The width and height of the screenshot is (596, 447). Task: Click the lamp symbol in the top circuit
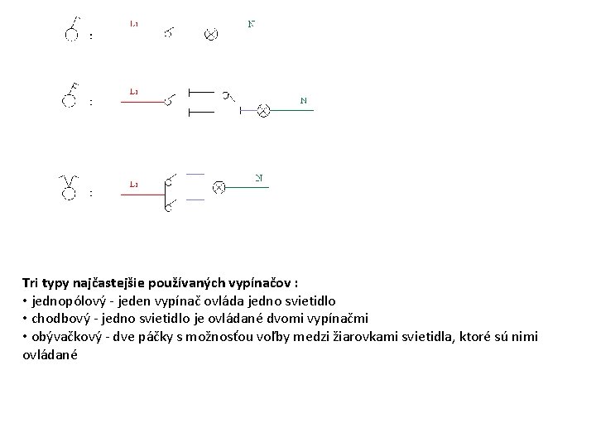[211, 34]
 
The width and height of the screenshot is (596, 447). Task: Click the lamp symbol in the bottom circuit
[219, 188]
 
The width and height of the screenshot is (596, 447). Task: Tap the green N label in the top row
[252, 24]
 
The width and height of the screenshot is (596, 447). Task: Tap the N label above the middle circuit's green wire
[304, 100]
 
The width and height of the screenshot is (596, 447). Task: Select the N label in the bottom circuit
[259, 177]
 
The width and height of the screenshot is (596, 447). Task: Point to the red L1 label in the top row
[133, 24]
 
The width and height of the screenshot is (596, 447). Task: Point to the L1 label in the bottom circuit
[133, 183]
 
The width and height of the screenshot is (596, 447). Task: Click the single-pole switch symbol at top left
[73, 29]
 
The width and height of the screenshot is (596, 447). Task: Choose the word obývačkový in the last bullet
[65, 337]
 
